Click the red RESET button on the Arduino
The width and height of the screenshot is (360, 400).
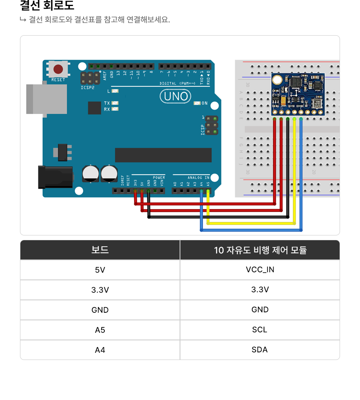58,69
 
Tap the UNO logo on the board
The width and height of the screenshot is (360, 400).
176,96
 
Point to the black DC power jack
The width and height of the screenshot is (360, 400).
55,177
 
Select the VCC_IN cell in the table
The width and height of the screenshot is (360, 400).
260,269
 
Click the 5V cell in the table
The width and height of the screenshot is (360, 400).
100,270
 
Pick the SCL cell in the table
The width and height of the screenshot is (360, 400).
260,330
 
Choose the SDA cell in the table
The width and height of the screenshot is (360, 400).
260,350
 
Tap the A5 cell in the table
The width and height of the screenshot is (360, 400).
100,330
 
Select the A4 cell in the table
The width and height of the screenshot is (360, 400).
100,350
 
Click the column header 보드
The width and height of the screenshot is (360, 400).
100,250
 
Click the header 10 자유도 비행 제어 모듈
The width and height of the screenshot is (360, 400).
260,250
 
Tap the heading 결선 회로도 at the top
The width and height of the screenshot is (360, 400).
47,6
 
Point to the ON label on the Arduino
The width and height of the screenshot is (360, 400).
204,103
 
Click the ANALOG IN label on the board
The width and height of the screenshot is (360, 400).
198,177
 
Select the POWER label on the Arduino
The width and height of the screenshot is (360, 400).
159,177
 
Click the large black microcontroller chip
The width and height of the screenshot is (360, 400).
163,155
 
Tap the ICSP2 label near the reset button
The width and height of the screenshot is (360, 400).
87,87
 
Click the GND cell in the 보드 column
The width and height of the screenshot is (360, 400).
100,310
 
